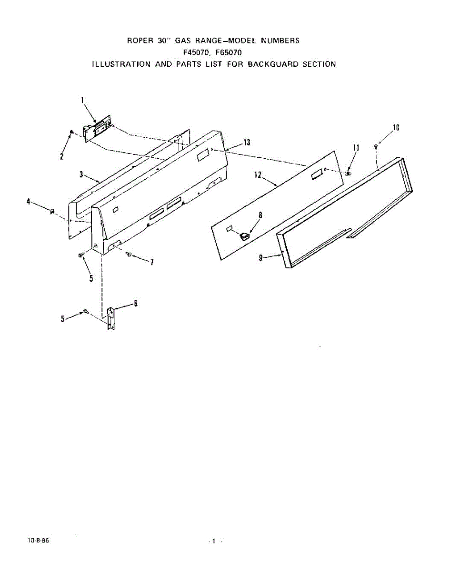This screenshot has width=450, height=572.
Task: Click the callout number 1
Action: (82, 101)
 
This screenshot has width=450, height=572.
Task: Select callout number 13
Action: (246, 143)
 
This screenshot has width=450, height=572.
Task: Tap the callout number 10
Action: (396, 127)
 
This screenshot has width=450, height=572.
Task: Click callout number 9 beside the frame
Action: (261, 258)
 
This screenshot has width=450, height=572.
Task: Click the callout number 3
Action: (82, 174)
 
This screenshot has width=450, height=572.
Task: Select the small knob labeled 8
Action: (245, 235)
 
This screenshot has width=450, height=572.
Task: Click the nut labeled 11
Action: (348, 173)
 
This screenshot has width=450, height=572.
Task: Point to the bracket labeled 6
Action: (110, 318)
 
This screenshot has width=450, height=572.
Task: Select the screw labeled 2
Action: (71, 132)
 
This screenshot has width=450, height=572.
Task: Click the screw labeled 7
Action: (129, 255)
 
